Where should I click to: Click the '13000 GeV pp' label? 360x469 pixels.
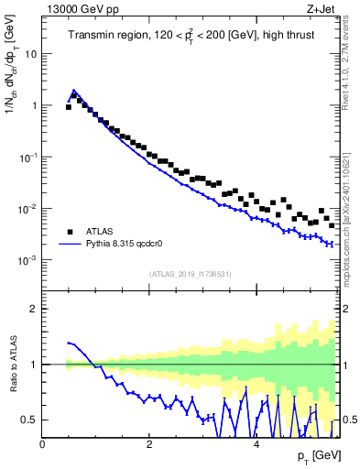pos(73,9)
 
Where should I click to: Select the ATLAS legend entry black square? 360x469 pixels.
pos(71,232)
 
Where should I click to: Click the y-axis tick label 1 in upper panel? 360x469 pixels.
pos(33,105)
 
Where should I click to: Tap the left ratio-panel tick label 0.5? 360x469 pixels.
pos(29,420)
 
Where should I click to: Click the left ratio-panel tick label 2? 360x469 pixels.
pos(34,309)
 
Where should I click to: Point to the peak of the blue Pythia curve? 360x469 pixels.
pos(74,91)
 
